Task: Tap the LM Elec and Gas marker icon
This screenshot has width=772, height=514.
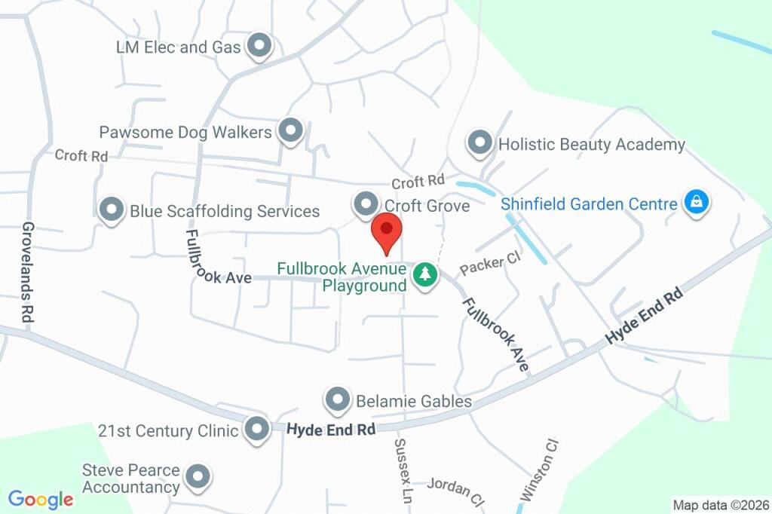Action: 260,47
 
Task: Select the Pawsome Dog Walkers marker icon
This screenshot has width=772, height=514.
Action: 289,131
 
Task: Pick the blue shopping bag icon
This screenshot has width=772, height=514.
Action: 697,203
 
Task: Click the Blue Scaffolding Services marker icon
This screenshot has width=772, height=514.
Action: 112,210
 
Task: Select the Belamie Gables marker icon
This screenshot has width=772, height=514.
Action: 337,400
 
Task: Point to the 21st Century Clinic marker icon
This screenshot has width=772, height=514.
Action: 258,430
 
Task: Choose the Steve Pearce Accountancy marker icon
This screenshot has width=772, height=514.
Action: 198,476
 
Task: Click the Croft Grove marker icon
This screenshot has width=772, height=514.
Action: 366,204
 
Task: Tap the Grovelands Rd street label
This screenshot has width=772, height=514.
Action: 29,273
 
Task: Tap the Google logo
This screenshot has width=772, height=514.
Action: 41,499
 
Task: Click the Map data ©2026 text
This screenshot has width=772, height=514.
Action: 721,505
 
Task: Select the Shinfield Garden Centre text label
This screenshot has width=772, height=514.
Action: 590,203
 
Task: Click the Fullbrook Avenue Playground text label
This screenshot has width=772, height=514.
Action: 342,277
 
